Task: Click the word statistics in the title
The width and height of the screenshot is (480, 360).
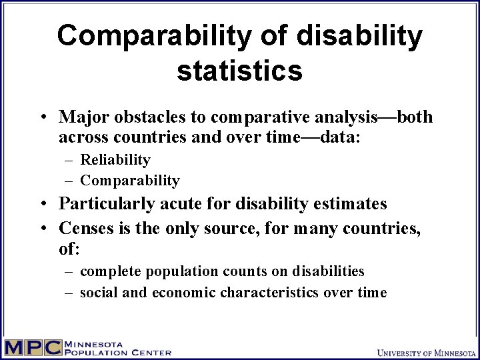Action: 240,70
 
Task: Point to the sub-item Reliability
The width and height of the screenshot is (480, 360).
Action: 115,160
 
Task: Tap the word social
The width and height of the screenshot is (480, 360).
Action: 98,293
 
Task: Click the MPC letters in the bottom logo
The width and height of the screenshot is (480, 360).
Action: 33,348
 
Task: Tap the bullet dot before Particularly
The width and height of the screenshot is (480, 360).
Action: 42,204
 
